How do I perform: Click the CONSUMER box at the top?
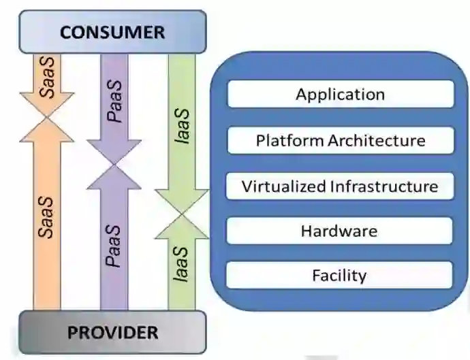112,32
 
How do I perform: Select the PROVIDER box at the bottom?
112,333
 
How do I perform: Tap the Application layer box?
340,95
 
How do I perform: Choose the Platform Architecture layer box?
340,141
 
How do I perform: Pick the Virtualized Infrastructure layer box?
340,186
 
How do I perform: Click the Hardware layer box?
340,231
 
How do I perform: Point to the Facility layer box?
340,276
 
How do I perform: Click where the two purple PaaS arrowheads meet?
114,165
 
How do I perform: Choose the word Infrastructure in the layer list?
384,186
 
